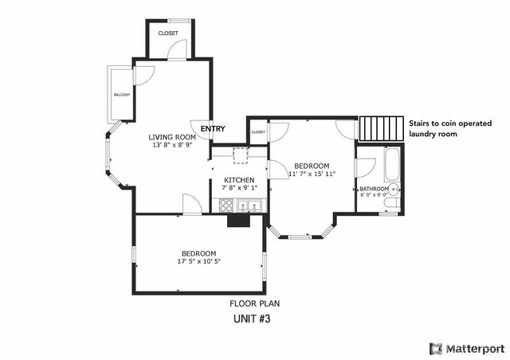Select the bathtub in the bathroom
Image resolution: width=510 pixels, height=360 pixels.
390,166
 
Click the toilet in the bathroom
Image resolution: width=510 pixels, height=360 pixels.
388,205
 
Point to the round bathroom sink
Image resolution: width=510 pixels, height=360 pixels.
396,189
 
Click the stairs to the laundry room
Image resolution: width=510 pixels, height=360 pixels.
381,127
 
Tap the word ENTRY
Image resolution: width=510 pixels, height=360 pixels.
213,129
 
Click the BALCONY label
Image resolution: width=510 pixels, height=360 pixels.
121,95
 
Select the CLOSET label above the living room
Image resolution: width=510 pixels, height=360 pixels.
167,33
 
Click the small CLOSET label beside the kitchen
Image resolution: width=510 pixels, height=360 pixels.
258,131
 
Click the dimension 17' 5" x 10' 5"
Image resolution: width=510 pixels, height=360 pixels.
198,261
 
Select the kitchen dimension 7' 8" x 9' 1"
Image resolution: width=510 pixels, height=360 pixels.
239,188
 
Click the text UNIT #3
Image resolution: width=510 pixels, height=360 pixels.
254,319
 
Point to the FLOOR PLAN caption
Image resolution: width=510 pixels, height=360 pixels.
254,303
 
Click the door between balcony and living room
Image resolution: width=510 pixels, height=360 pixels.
144,76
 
